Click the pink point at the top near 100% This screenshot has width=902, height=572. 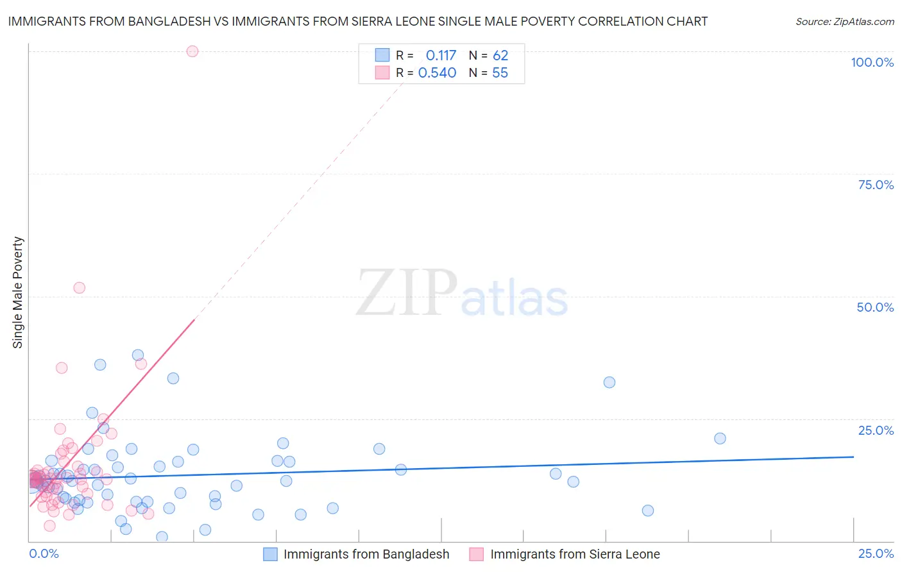pyautogui.click(x=192, y=51)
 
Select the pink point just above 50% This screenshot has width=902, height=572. pyautogui.click(x=79, y=287)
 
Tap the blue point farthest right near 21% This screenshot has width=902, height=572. pyautogui.click(x=720, y=439)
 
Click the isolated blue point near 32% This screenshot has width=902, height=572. pyautogui.click(x=609, y=382)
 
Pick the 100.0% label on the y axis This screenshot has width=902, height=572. pyautogui.click(x=872, y=62)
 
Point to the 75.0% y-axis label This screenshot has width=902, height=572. pyautogui.click(x=876, y=185)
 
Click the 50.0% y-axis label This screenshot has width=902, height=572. pyautogui.click(x=875, y=307)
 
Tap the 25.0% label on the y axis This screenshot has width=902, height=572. pyautogui.click(x=876, y=430)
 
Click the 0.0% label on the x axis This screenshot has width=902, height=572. pyautogui.click(x=44, y=553)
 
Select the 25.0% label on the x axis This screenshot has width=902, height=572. pyautogui.click(x=876, y=553)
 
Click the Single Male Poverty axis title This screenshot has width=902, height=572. pyautogui.click(x=18, y=292)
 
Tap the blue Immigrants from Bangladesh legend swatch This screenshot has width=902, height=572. pyautogui.click(x=270, y=554)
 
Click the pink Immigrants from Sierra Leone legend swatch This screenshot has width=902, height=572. pyautogui.click(x=476, y=554)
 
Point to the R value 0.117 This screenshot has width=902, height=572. pyautogui.click(x=441, y=56)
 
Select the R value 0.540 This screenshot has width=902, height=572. pyautogui.click(x=437, y=73)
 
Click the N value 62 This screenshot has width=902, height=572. pyautogui.click(x=500, y=56)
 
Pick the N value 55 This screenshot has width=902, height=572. pyautogui.click(x=500, y=73)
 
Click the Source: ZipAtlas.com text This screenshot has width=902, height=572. pyautogui.click(x=844, y=22)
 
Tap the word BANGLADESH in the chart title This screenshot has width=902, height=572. pyautogui.click(x=169, y=21)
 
